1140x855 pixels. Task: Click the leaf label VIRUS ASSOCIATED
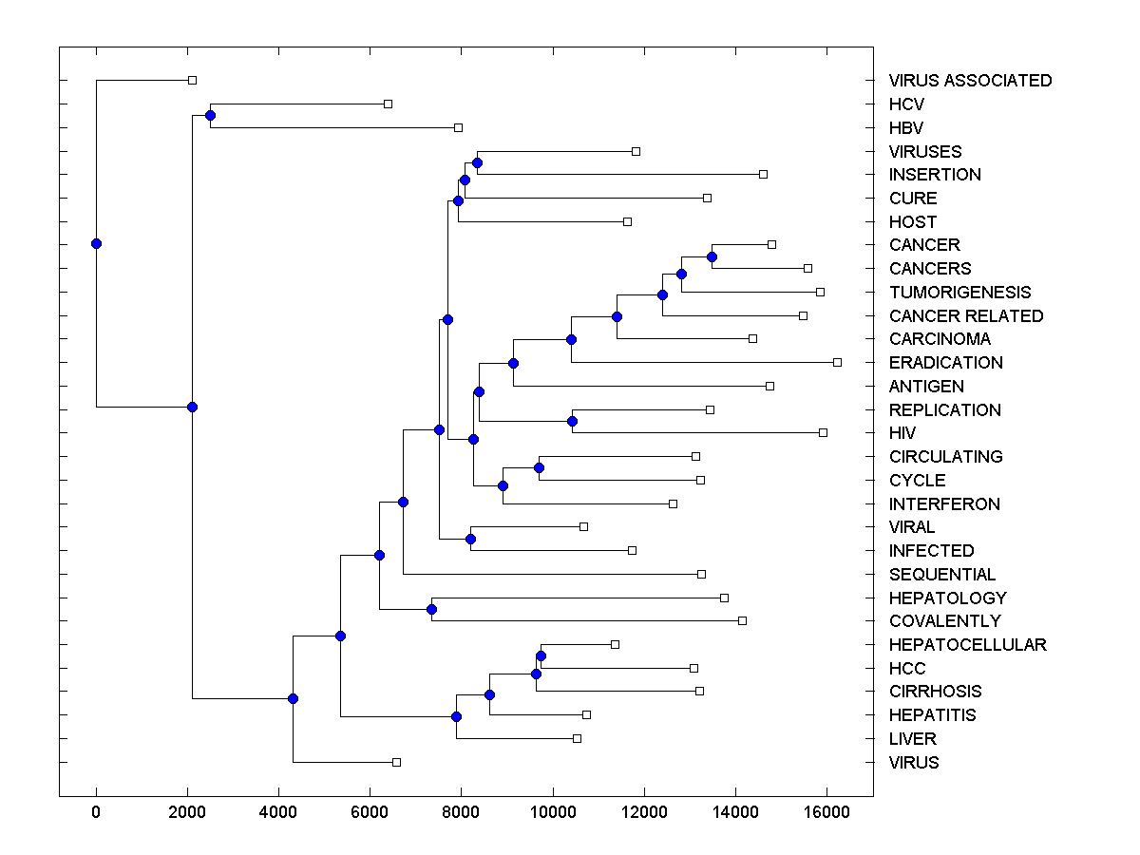coord(970,81)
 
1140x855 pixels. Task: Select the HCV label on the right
coord(906,104)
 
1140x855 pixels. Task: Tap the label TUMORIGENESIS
coord(959,293)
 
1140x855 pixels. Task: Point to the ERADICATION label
coord(945,363)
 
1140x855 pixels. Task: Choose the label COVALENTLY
coord(944,621)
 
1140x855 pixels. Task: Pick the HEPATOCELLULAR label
coord(967,645)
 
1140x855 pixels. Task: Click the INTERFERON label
coord(944,504)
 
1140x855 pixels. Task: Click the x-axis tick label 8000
coord(461,812)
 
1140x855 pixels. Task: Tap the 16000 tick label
coord(826,812)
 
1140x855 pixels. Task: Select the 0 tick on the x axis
coord(96,812)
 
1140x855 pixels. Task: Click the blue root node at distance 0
coord(96,243)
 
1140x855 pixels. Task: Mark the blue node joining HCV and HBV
coord(210,116)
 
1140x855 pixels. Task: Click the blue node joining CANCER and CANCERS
coord(712,256)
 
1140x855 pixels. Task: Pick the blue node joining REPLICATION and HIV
coord(572,421)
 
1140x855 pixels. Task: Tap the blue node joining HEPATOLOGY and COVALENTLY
coord(431,609)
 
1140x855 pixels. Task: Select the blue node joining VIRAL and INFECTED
coord(470,539)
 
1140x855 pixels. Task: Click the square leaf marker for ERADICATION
coord(837,362)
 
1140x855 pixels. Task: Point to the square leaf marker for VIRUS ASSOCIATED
coord(192,81)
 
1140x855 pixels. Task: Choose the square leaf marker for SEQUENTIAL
coord(701,574)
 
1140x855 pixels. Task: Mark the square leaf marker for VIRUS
coord(397,762)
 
